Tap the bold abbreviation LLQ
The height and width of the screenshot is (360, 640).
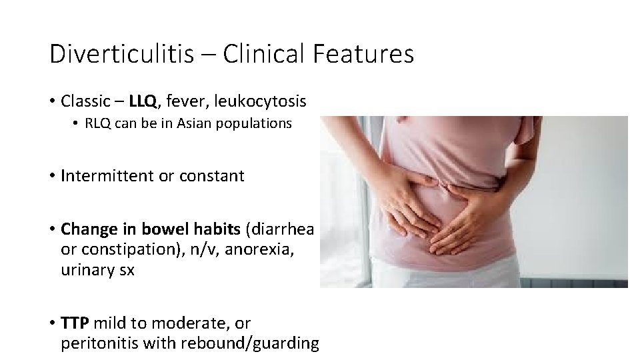(x=143, y=101)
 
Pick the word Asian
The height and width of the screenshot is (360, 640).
(x=193, y=124)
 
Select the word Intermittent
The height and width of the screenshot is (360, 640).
(x=107, y=176)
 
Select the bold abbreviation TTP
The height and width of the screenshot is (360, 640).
(x=75, y=323)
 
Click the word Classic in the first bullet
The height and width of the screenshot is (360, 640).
(x=84, y=101)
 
